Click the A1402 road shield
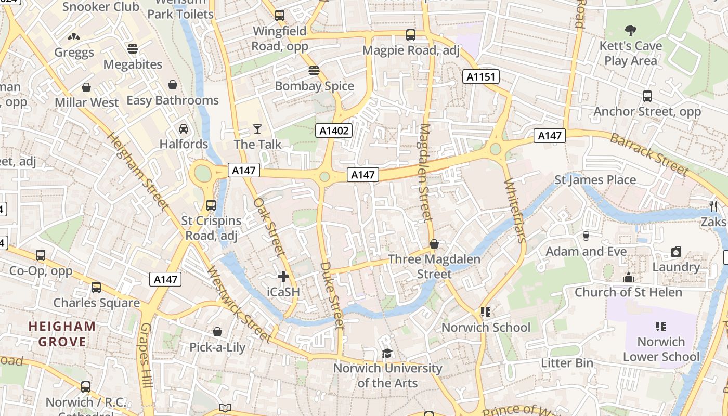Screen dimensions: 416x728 tap(334, 131)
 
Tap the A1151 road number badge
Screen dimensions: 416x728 tap(481, 77)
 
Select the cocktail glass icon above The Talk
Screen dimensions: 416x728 tap(257, 128)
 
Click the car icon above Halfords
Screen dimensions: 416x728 tap(184, 128)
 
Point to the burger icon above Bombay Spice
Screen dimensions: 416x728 tap(314, 70)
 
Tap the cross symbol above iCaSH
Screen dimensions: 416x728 tap(283, 276)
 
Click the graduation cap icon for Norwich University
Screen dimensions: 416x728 tap(387, 353)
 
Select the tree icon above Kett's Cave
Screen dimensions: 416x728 tap(631, 30)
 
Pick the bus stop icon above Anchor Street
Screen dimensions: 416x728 tap(647, 96)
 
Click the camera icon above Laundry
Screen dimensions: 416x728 tap(676, 252)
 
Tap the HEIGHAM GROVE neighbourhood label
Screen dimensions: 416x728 tap(62, 334)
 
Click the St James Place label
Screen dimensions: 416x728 tap(595, 180)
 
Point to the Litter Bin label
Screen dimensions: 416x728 tap(567, 363)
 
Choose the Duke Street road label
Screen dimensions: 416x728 tap(331, 295)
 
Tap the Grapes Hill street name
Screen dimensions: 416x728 tap(146, 356)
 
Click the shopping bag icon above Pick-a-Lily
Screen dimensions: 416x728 tap(217, 332)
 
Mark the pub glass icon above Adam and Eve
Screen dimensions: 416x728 tap(586, 236)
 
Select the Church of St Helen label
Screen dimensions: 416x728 tap(628, 292)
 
